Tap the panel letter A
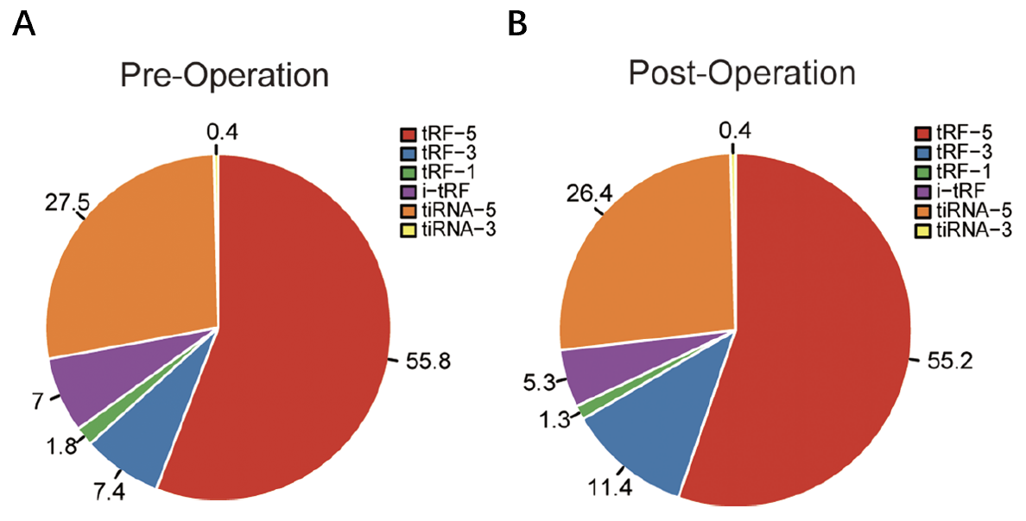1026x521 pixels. [24, 26]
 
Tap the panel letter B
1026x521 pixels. [517, 26]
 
